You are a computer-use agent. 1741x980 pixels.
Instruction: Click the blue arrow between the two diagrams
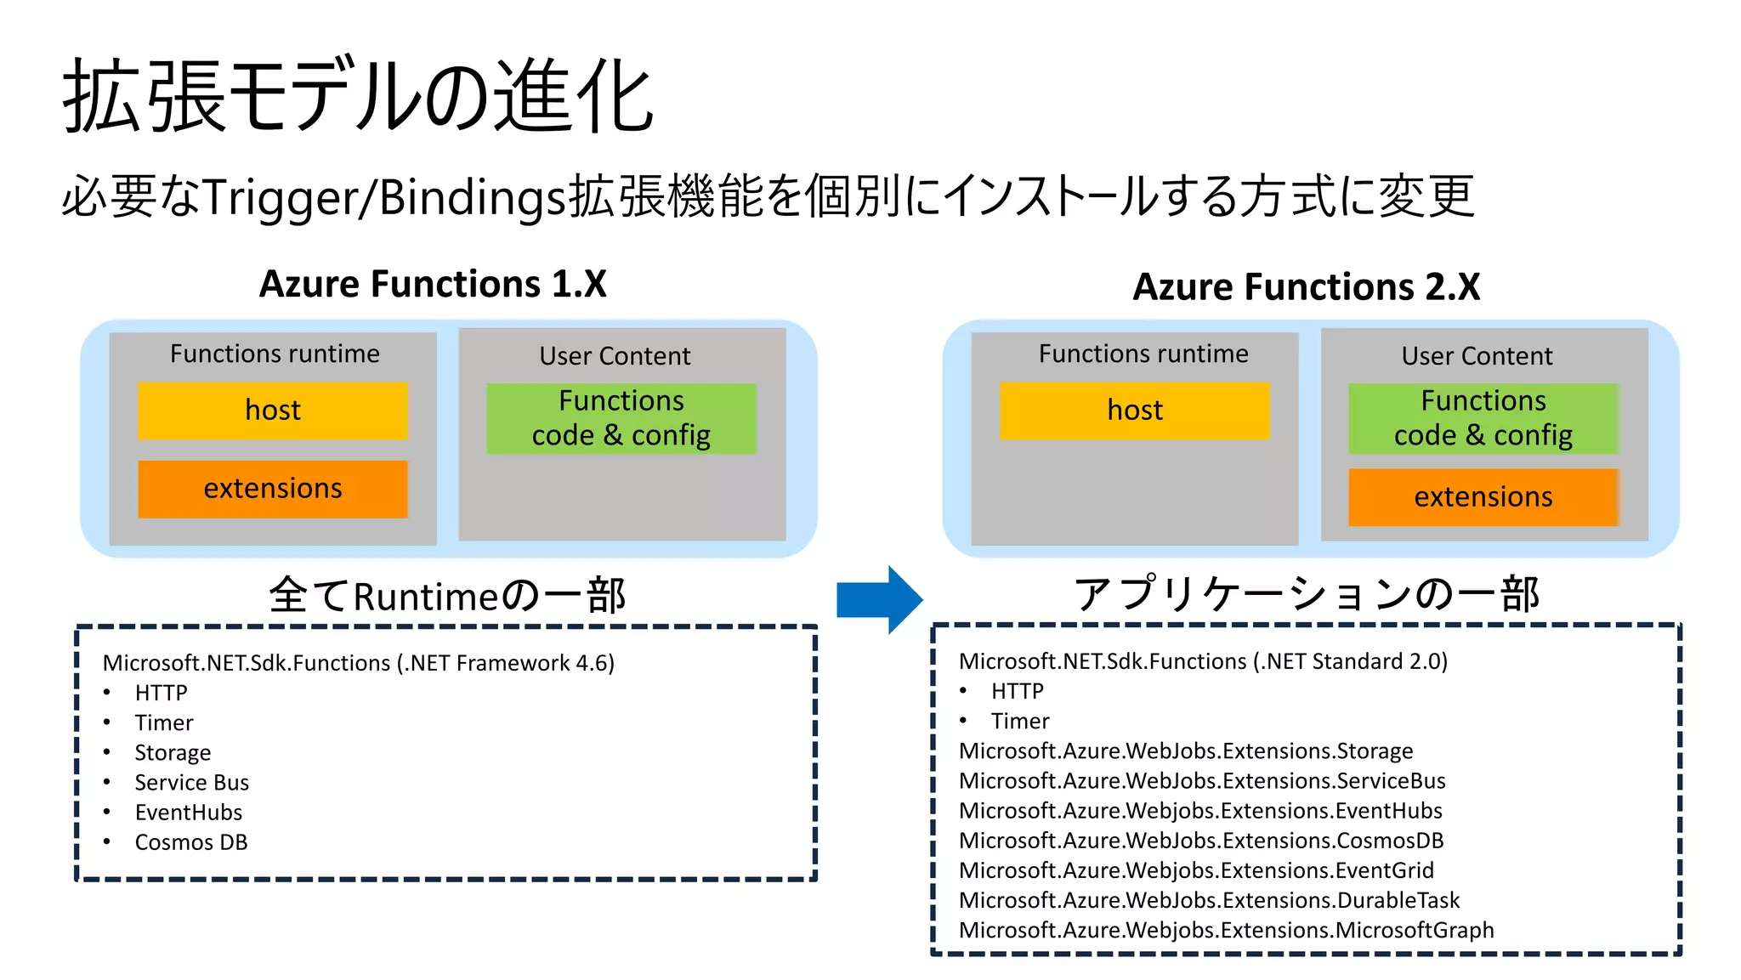[878, 599]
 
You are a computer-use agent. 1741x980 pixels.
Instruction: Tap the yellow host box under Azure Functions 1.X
[273, 411]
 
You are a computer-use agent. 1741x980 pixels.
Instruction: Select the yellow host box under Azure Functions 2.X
[1134, 411]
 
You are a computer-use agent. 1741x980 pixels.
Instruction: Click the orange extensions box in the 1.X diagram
[273, 489]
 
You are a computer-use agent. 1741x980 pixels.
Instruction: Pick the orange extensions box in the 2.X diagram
[1483, 497]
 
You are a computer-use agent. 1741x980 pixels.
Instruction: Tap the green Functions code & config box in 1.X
[621, 418]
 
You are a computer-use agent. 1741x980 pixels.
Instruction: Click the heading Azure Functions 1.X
[433, 284]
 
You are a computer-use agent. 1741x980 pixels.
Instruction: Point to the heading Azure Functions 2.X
[1306, 286]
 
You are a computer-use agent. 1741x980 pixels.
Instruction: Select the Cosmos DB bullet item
[190, 842]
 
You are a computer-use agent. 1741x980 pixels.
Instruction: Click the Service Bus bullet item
[191, 782]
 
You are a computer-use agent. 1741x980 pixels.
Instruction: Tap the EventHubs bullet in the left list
[188, 813]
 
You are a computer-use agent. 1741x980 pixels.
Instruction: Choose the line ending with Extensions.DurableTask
[1208, 900]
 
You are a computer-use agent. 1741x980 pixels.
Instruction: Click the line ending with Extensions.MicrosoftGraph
[1225, 930]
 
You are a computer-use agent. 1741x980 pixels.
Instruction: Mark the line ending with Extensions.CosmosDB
[1200, 841]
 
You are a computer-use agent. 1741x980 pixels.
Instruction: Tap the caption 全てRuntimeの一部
[447, 595]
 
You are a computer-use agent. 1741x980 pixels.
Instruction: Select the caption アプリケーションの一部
[1306, 593]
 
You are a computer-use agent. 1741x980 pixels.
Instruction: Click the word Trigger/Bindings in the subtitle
[384, 197]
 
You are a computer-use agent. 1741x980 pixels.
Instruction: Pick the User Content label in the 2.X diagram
[1477, 356]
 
